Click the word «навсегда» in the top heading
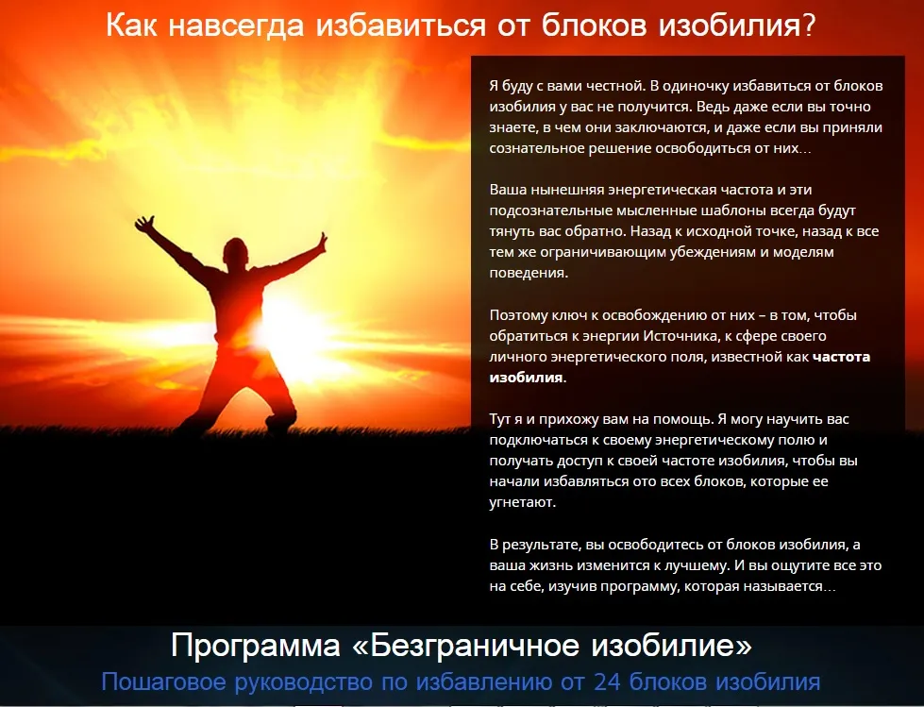pyautogui.click(x=236, y=25)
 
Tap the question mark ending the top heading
pyautogui.click(x=807, y=25)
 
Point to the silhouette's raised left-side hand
pyautogui.click(x=145, y=224)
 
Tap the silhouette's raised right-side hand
pyautogui.click(x=322, y=241)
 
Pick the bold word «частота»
pyautogui.click(x=841, y=357)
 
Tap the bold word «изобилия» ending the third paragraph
pyautogui.click(x=526, y=378)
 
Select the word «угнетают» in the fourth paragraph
pyautogui.click(x=521, y=502)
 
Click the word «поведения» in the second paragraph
pyautogui.click(x=528, y=274)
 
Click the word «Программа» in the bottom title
pyautogui.click(x=256, y=647)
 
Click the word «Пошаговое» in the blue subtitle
pyautogui.click(x=164, y=682)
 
